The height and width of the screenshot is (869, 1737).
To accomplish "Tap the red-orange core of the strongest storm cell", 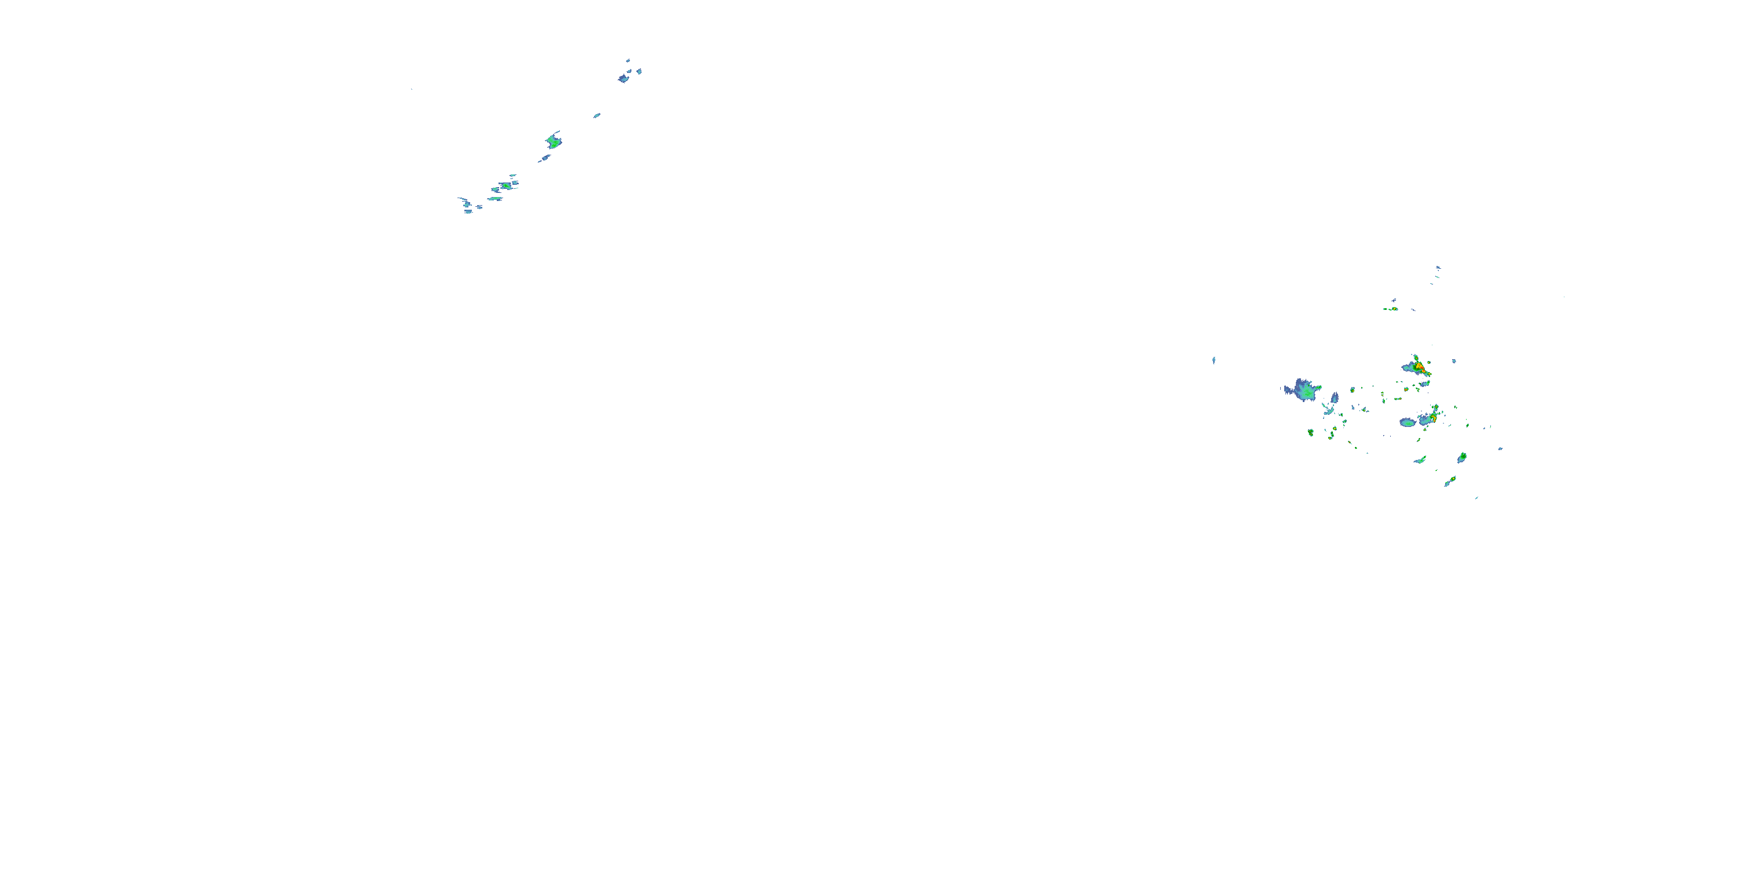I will (x=1419, y=367).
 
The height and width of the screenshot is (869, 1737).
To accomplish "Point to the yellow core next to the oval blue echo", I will (x=1433, y=418).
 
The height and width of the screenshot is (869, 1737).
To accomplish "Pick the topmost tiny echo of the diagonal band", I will (x=628, y=60).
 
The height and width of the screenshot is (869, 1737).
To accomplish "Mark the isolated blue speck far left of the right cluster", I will (x=1214, y=360).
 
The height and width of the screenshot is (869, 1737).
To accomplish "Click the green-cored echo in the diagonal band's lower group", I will (x=505, y=185).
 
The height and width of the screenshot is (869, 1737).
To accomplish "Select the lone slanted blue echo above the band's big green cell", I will (x=597, y=115).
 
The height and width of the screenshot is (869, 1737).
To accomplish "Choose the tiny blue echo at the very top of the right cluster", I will (x=1438, y=268).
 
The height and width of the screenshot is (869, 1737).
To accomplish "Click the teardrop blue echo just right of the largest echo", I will (x=1335, y=397).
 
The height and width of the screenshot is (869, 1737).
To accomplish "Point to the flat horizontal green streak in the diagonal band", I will (x=496, y=198).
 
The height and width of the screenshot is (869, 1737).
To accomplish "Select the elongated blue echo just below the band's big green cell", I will (x=544, y=159).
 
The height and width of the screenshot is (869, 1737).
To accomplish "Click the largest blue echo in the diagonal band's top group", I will (x=624, y=78).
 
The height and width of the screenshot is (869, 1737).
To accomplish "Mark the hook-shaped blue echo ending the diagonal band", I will (x=466, y=204).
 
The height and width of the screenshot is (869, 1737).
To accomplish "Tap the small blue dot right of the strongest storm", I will (x=1454, y=361).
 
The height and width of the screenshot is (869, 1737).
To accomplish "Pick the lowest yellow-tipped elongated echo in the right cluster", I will (x=1450, y=481).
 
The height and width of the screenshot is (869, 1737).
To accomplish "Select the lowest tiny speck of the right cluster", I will (x=1476, y=498).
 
